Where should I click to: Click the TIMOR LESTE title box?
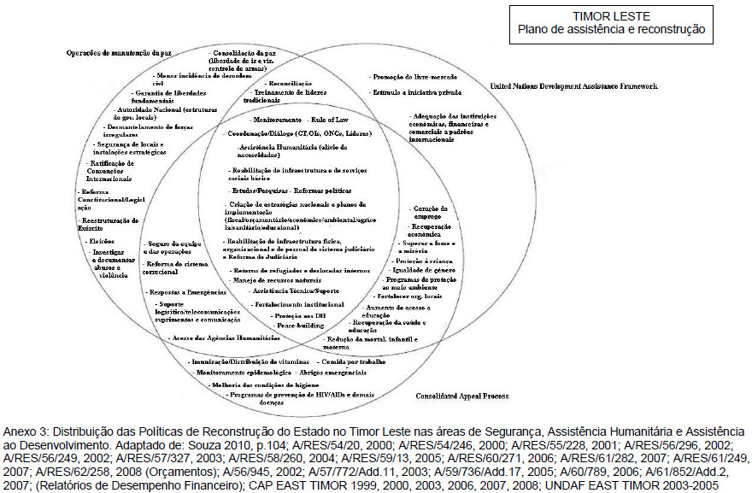pos(611,23)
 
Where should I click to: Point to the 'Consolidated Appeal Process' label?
pos(462,396)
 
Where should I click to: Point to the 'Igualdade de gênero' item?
pos(426,271)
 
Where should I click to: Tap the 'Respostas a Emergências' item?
pos(181,292)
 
